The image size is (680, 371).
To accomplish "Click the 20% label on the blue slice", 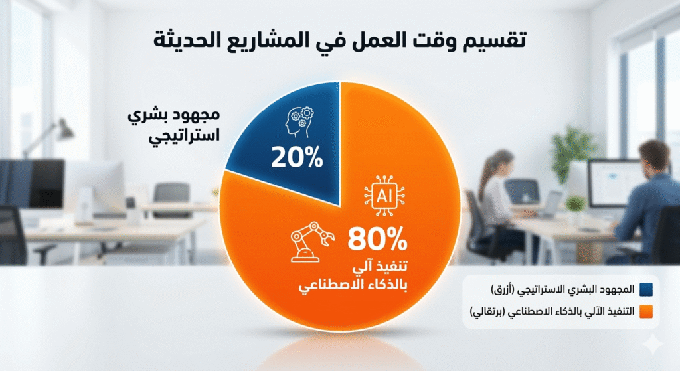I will pos(297,159).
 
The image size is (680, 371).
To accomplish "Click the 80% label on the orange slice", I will pos(375,238).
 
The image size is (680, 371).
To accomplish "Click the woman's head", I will pos(503,163).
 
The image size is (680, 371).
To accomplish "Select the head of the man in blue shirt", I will pos(653,156).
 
